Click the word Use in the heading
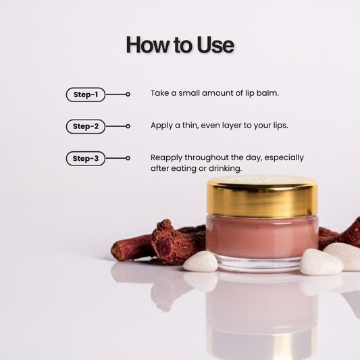215,45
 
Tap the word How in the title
148,45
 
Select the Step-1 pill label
86,95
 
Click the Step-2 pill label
86,126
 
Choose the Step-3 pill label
86,158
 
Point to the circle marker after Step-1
128,94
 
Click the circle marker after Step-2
128,126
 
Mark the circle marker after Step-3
128,158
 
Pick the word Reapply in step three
166,158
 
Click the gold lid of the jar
262,197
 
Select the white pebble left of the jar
201,261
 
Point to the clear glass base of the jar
259,264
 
